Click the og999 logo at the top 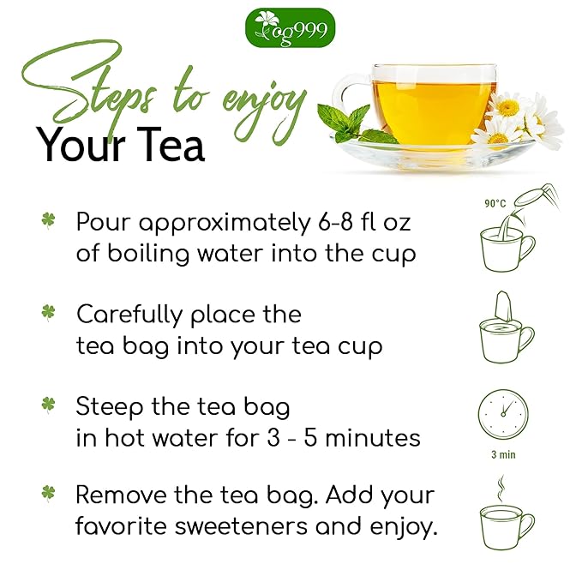click(291, 27)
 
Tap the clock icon click(503, 414)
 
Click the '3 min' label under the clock click(503, 454)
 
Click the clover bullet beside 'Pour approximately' click(49, 221)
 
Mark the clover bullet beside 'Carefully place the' click(49, 314)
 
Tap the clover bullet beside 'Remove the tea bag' click(49, 495)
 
